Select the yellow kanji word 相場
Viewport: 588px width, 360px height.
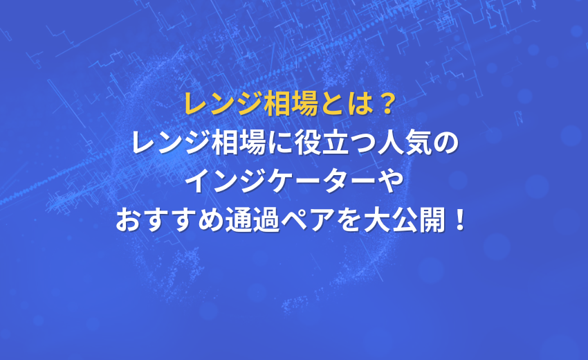291,104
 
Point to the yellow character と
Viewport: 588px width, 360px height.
332,104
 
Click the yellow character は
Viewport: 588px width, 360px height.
359,104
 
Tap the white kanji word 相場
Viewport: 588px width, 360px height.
239,143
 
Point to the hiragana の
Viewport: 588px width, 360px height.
446,143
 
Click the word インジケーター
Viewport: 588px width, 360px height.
280,181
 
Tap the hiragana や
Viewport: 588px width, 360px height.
389,181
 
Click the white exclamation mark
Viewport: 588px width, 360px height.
459,220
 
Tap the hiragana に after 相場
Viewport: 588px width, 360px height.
280,143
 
